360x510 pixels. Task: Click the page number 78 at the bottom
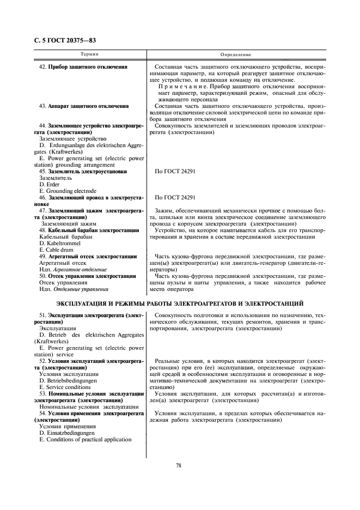(x=179, y=465)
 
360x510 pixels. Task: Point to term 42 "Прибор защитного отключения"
(x=83, y=67)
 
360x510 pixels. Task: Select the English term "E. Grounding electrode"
(x=68, y=191)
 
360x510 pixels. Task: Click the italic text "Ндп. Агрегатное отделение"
(x=72, y=269)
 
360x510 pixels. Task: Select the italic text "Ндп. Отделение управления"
(x=74, y=289)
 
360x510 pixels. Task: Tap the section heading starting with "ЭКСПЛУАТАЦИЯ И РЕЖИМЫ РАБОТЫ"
(x=180, y=303)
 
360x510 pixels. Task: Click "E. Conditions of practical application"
(x=85, y=440)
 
